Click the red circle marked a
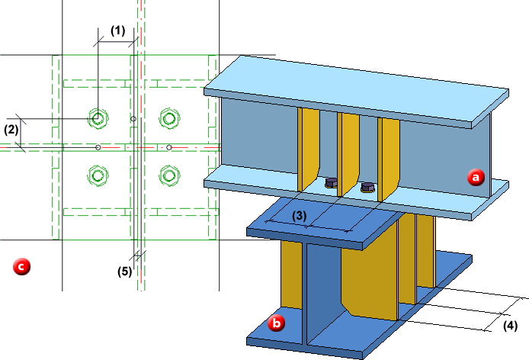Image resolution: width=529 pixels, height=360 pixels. pos(476,178)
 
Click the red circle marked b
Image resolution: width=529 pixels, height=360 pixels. pos(278,323)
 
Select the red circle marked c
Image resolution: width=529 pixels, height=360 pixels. pos(22,266)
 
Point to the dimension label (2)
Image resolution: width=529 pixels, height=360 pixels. pos(11,129)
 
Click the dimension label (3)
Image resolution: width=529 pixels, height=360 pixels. pos(300,216)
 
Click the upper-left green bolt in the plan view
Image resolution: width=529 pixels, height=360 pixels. pos(98,118)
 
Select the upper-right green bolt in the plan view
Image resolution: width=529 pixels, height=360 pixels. pos(168,118)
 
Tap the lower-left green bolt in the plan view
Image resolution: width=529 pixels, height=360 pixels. pos(97,175)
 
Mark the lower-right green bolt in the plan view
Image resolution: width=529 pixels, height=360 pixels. pos(168,175)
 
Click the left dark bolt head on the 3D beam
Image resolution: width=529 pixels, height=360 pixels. pos(332,183)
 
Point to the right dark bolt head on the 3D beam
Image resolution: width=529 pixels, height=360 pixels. pos(367,186)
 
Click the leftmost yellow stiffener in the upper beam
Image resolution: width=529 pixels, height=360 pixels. pos(309,148)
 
